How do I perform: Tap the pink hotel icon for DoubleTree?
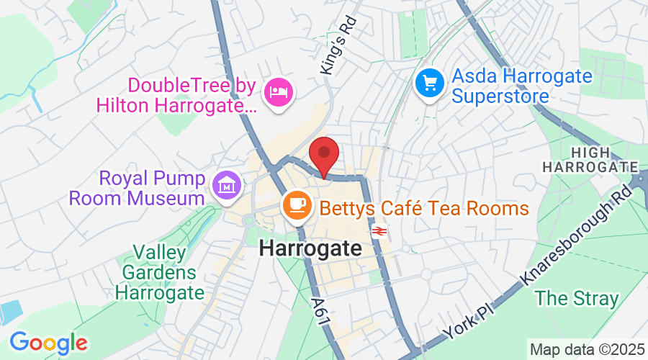point(277,91)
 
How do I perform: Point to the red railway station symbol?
point(379,231)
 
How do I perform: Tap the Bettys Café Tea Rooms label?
point(424,209)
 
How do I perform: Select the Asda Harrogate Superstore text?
point(521,85)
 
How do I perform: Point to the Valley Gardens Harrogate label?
point(159,273)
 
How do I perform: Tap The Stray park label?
point(577,297)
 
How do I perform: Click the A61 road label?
point(321,314)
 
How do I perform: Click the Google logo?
point(48,342)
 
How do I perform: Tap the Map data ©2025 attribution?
point(586,349)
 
